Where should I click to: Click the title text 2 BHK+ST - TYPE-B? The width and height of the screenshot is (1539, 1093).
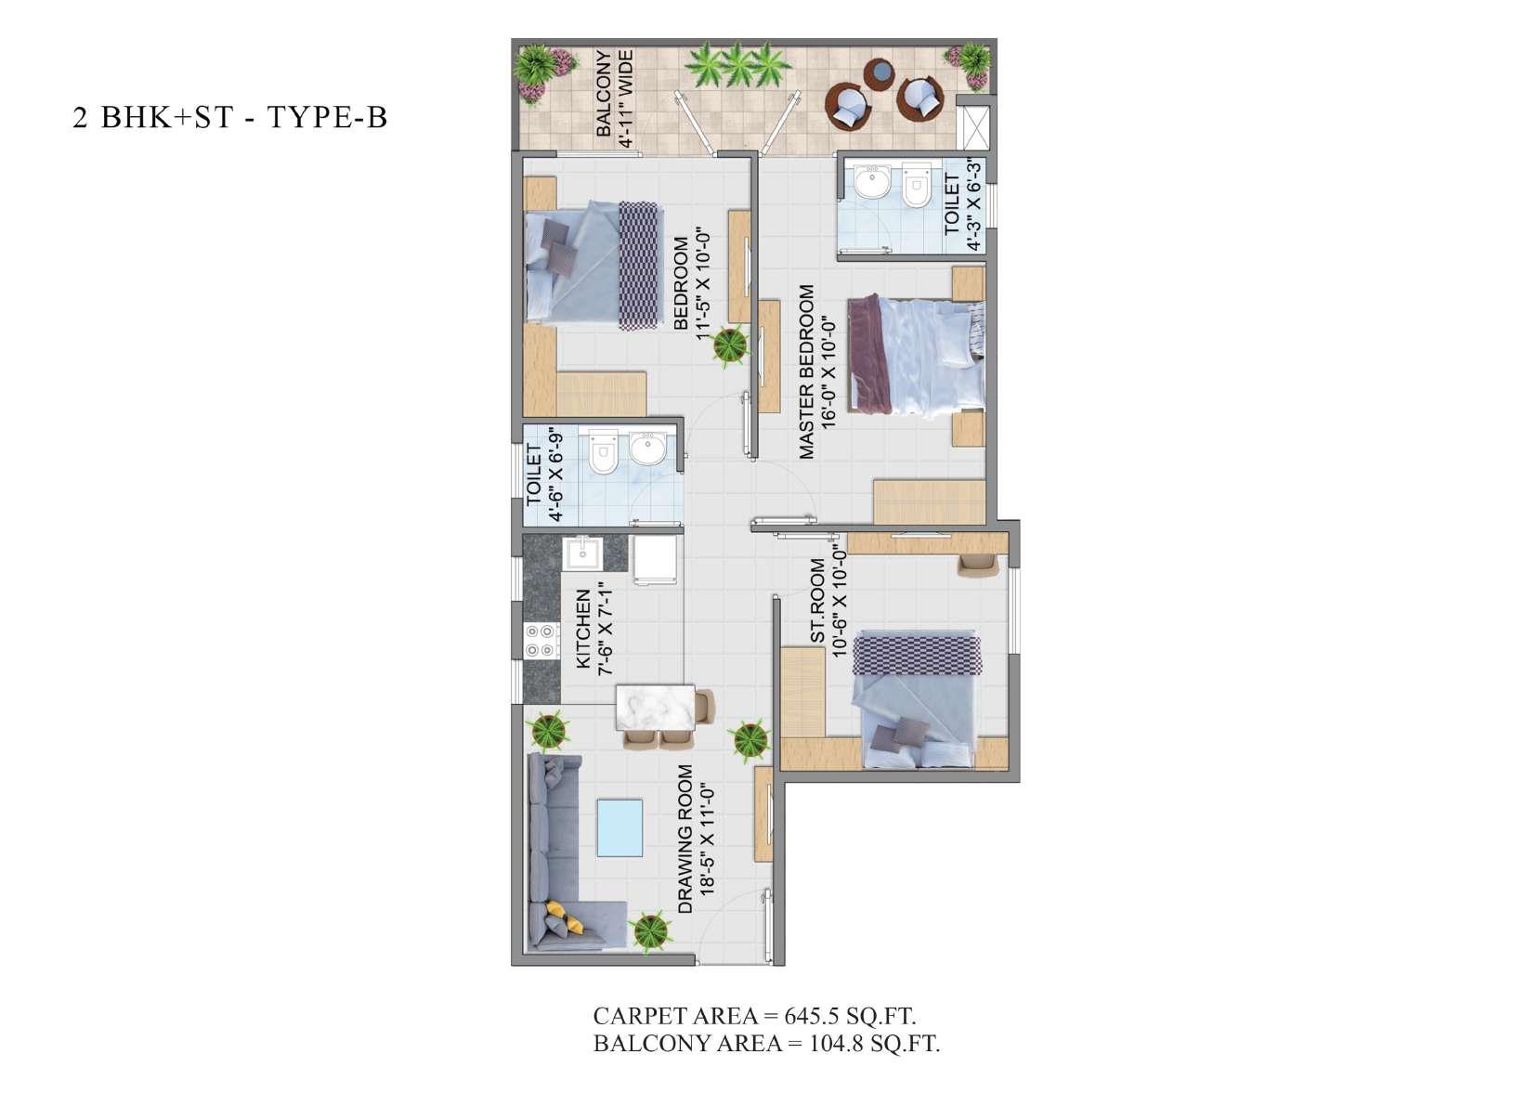[x=230, y=118]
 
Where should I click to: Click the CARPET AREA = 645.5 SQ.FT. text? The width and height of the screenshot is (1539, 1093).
[x=754, y=1015]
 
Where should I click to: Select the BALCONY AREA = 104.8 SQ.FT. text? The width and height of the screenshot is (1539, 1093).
[x=766, y=1044]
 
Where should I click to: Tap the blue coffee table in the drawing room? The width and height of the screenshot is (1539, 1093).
[x=619, y=827]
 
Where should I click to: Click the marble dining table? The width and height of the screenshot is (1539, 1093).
[x=656, y=708]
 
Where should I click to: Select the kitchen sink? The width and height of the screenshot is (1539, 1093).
[x=582, y=554]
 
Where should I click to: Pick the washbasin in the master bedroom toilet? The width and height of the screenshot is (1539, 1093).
[x=872, y=182]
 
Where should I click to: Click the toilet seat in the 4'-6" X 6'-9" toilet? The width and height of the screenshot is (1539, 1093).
[x=603, y=451]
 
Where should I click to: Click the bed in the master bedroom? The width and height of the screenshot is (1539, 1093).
[x=916, y=355]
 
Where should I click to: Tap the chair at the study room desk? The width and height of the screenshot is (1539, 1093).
[x=978, y=565]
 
